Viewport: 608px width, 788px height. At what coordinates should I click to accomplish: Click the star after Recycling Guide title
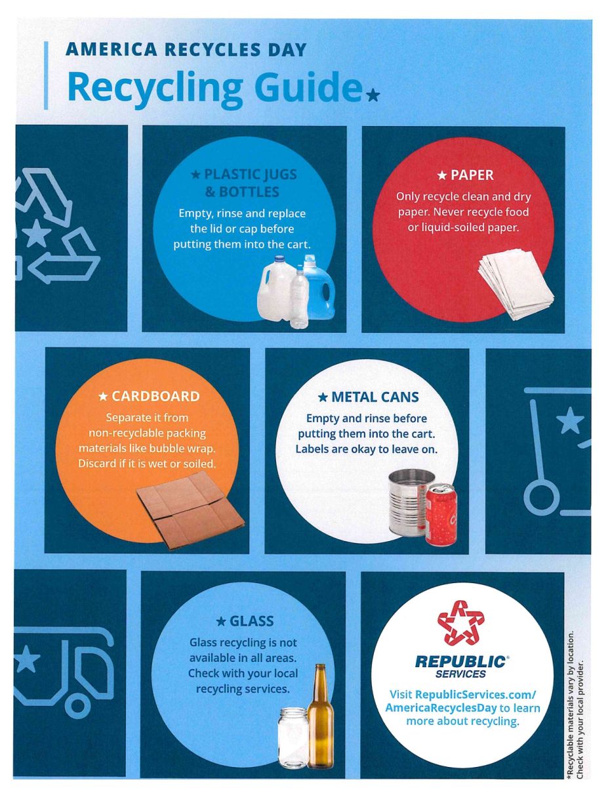373,96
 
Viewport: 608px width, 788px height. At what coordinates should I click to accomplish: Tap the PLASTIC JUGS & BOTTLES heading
244,183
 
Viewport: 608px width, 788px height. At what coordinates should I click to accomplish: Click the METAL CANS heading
367,397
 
